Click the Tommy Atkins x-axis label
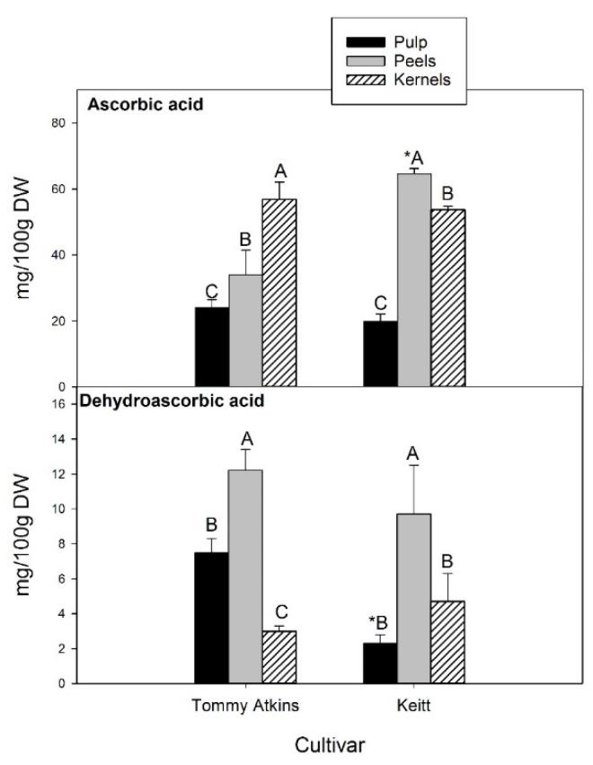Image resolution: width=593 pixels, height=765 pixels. coord(245,704)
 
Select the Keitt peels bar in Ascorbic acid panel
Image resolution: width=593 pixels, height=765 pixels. coord(414,279)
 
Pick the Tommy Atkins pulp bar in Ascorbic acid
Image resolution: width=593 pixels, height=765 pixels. coord(211,347)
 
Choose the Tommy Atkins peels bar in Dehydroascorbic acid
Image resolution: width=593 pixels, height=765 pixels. coord(245,576)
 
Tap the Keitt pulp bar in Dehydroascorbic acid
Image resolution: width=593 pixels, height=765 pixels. coord(380,663)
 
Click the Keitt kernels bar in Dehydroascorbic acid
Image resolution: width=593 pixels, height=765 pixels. coord(447,642)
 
